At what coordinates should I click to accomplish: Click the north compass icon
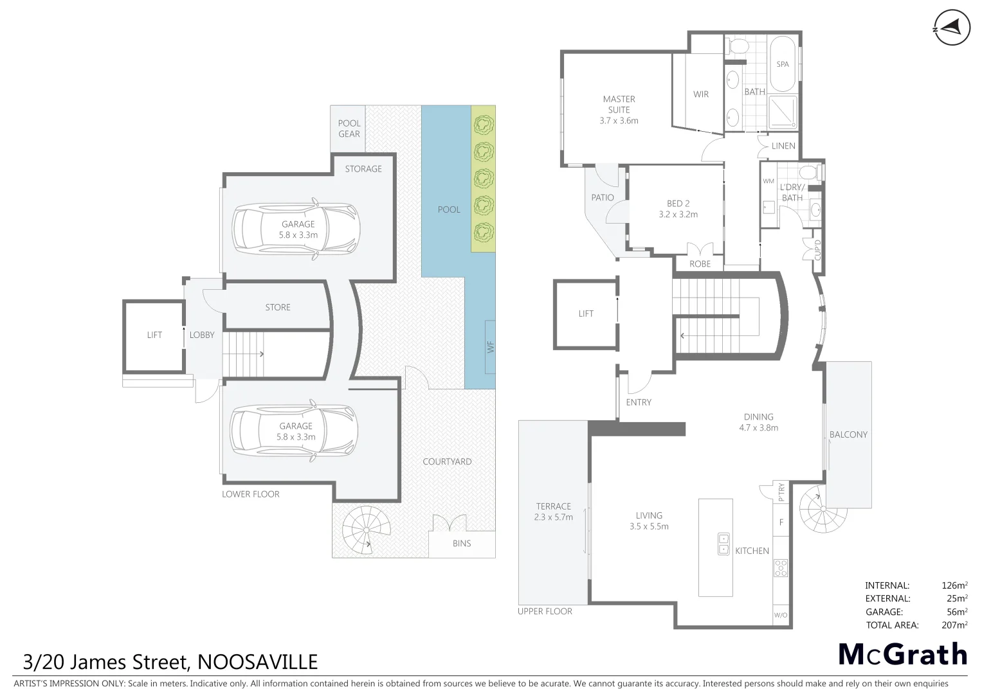click(x=951, y=28)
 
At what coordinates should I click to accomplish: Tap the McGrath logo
click(x=902, y=655)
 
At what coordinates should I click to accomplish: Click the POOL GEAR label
click(x=349, y=129)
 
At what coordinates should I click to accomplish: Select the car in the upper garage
click(x=296, y=229)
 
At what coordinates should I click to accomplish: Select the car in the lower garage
click(x=294, y=431)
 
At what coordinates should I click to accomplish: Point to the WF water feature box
click(x=490, y=347)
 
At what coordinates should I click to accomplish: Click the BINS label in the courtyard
click(x=462, y=544)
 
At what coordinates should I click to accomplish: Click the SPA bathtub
click(x=783, y=64)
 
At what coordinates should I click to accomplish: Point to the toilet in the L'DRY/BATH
click(x=808, y=172)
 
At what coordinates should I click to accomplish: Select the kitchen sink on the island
click(x=723, y=544)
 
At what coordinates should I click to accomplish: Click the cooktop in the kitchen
click(x=781, y=567)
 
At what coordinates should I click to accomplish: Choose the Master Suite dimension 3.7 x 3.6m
click(x=619, y=121)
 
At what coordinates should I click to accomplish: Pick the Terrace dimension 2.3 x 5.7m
click(x=553, y=517)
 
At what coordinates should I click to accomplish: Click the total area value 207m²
click(x=954, y=625)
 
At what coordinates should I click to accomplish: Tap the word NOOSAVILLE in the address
click(x=257, y=662)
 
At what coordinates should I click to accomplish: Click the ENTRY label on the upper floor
click(x=639, y=402)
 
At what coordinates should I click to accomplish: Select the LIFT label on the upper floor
click(x=586, y=314)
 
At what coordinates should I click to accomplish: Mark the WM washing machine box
click(x=768, y=181)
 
